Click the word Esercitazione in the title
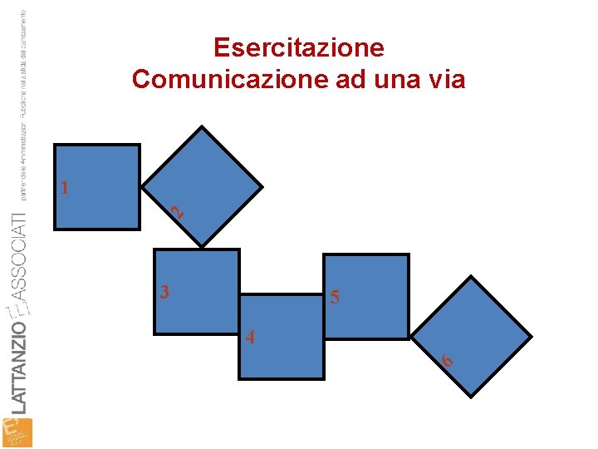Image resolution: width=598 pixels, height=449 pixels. (x=298, y=48)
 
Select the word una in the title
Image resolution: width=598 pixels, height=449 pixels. (x=395, y=80)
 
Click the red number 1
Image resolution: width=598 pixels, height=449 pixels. (x=64, y=187)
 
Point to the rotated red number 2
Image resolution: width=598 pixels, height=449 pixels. (x=176, y=212)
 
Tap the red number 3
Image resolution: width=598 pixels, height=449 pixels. (x=165, y=292)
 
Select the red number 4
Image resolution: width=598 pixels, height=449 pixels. (x=250, y=338)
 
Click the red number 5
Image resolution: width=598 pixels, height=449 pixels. (x=334, y=297)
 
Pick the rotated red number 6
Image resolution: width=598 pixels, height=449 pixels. (x=447, y=360)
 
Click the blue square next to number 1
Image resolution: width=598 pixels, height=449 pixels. (x=97, y=187)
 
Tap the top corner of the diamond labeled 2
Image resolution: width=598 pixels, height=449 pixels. (x=202, y=128)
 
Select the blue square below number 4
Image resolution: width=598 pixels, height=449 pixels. (x=281, y=349)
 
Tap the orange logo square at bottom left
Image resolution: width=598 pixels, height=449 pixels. (x=17, y=432)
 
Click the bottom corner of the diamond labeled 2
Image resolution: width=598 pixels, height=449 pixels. (x=202, y=246)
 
